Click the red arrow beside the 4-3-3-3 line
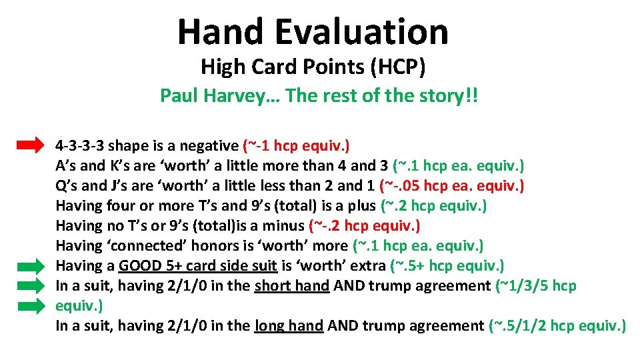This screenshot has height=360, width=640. pyautogui.click(x=29, y=145)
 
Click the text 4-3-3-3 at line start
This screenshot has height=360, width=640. pyautogui.click(x=79, y=145)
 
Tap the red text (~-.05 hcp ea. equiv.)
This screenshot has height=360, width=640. pyautogui.click(x=451, y=185)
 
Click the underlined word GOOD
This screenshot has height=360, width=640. pyautogui.click(x=141, y=266)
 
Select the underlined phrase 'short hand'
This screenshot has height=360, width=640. pyautogui.click(x=292, y=286)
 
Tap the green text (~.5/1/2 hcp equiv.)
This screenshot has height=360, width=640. pyautogui.click(x=557, y=326)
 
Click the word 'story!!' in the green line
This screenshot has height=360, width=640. pyautogui.click(x=454, y=96)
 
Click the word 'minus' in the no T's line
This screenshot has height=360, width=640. pyautogui.click(x=287, y=226)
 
